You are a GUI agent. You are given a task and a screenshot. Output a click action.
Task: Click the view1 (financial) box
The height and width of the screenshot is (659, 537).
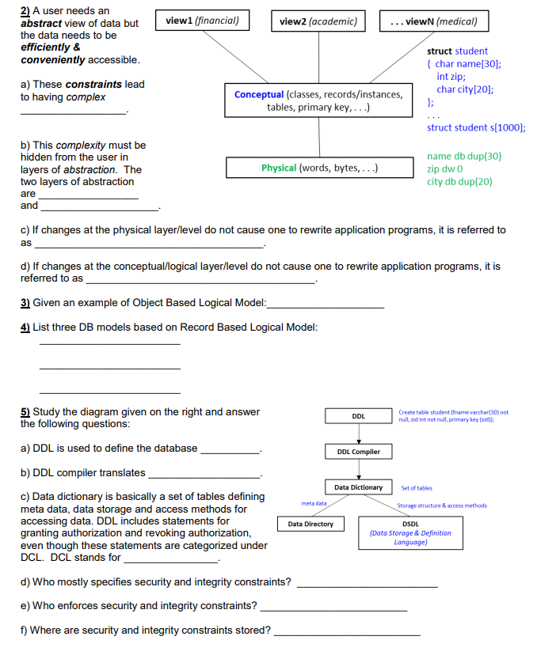click(202, 21)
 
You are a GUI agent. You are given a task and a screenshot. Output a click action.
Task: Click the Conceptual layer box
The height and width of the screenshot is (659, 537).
click(318, 100)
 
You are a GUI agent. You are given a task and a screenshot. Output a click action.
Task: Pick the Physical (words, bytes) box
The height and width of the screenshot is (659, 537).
click(319, 168)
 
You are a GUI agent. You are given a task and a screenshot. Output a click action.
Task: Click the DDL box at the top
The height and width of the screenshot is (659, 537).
click(358, 416)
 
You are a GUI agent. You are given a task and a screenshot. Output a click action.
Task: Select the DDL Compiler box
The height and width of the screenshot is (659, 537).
click(358, 452)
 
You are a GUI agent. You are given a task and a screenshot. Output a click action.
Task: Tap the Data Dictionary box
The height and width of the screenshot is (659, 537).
click(358, 487)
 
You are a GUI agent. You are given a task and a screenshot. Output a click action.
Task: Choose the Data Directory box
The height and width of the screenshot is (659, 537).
click(310, 524)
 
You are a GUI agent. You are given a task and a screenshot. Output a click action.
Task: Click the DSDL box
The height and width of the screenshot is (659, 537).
click(410, 532)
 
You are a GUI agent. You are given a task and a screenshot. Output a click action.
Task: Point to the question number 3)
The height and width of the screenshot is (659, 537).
click(25, 302)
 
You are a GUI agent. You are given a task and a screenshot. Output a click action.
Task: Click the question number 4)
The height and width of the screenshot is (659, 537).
click(25, 327)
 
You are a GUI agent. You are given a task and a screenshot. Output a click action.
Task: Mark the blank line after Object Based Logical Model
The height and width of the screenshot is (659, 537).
click(326, 305)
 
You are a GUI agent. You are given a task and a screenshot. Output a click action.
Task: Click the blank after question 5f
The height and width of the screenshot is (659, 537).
click(346, 634)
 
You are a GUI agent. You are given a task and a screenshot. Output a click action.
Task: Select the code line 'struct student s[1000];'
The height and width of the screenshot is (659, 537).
click(476, 127)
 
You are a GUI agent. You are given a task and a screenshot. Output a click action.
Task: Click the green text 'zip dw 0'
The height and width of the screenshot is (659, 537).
click(445, 169)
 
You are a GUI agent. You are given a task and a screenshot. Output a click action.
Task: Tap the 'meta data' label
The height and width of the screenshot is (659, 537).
click(314, 503)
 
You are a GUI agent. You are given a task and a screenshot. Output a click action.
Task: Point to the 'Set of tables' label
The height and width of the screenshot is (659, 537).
click(417, 488)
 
